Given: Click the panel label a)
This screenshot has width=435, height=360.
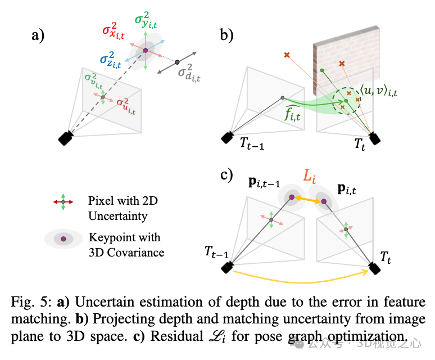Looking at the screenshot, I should pyautogui.click(x=38, y=37).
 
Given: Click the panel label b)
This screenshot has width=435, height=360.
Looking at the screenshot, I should pyautogui.click(x=227, y=37).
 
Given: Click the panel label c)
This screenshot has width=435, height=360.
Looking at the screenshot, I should pyautogui.click(x=226, y=175).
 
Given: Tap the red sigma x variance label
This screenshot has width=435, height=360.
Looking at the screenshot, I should pyautogui.click(x=117, y=30).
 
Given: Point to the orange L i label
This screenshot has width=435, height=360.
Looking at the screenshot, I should pyautogui.click(x=310, y=177).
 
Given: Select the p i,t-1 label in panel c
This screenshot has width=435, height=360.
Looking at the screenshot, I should pyautogui.click(x=266, y=184).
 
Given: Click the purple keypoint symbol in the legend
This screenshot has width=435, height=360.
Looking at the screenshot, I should pyautogui.click(x=63, y=239).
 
